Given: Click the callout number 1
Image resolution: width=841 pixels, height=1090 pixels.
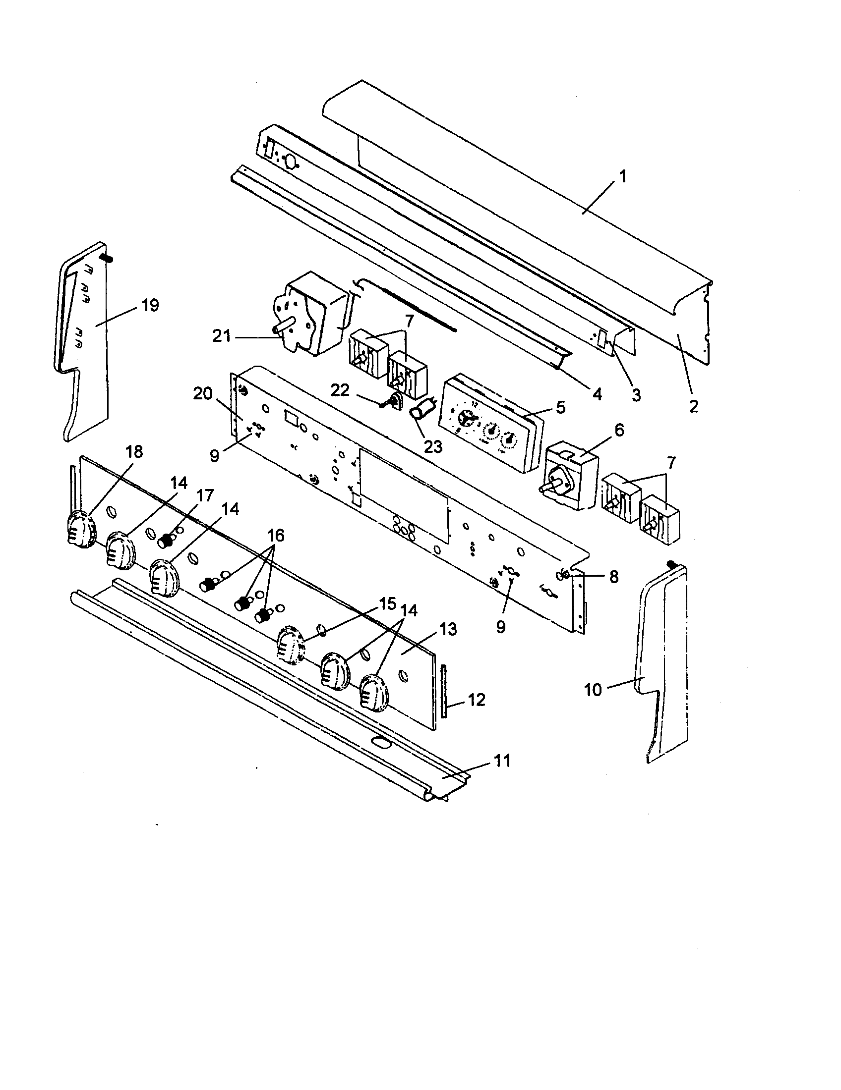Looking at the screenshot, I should click(x=622, y=177).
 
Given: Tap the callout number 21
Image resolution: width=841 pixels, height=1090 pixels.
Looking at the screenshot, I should click(x=221, y=336).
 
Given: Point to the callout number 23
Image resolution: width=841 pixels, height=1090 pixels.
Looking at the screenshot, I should click(x=432, y=446).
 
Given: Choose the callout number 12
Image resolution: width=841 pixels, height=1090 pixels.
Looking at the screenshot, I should click(x=477, y=700).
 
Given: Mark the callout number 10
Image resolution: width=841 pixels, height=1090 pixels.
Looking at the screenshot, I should click(x=593, y=690).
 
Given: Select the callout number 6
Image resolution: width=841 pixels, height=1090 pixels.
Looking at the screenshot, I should click(x=619, y=430).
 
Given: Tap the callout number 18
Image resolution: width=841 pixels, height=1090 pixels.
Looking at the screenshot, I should click(x=134, y=451).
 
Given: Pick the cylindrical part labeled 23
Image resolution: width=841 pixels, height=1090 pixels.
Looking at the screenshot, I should click(x=420, y=413).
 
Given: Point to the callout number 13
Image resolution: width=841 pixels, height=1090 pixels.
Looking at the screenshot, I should click(x=448, y=629).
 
